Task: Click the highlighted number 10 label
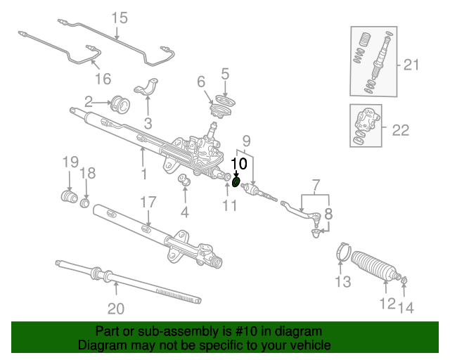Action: (239, 162)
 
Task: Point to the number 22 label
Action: (400, 129)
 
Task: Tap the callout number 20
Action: (115, 308)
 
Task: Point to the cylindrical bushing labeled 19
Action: (69, 195)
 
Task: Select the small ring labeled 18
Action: (85, 203)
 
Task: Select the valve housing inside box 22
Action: (367, 123)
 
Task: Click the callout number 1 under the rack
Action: (143, 173)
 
